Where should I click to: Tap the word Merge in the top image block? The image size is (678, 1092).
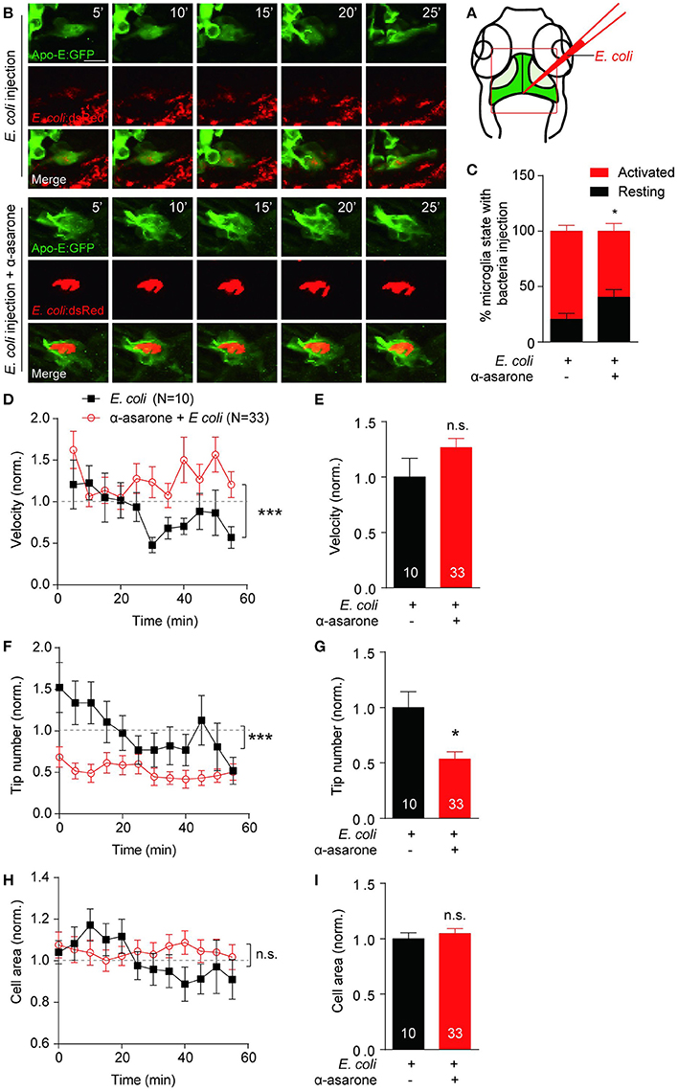tap(41, 178)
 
